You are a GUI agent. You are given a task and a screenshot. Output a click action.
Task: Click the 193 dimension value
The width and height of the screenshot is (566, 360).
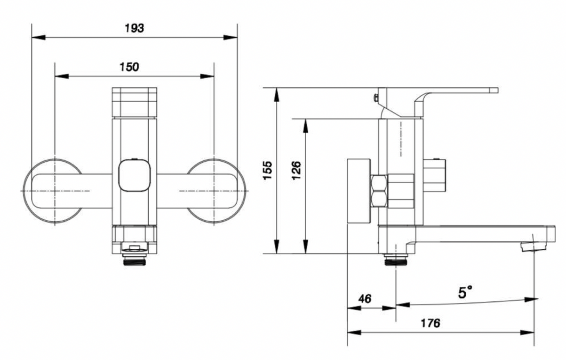(x=134, y=28)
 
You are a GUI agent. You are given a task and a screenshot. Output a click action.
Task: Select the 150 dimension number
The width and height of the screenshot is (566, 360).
(x=129, y=67)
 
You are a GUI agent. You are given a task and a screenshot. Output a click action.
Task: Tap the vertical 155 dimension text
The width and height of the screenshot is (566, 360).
(x=268, y=170)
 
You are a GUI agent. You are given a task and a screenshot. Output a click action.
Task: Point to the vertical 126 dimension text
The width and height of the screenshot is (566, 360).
(x=297, y=170)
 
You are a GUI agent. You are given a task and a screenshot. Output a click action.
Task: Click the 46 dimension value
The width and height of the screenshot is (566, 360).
(x=365, y=298)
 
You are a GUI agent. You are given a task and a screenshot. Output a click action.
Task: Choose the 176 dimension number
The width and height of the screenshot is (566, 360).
(x=430, y=323)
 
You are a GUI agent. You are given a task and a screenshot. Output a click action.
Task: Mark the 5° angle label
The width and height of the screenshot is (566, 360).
(x=465, y=292)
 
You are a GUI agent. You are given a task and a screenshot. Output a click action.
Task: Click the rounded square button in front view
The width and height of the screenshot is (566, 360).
(x=134, y=175)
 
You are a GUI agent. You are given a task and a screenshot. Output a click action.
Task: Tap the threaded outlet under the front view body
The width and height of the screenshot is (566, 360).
(x=134, y=260)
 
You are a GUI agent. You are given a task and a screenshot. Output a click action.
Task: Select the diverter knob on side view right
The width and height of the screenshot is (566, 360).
(x=436, y=175)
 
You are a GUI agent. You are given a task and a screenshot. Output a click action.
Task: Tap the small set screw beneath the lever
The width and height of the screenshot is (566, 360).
(x=375, y=97)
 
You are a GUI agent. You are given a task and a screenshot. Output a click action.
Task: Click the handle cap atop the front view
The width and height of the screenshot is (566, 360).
(x=134, y=102)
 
